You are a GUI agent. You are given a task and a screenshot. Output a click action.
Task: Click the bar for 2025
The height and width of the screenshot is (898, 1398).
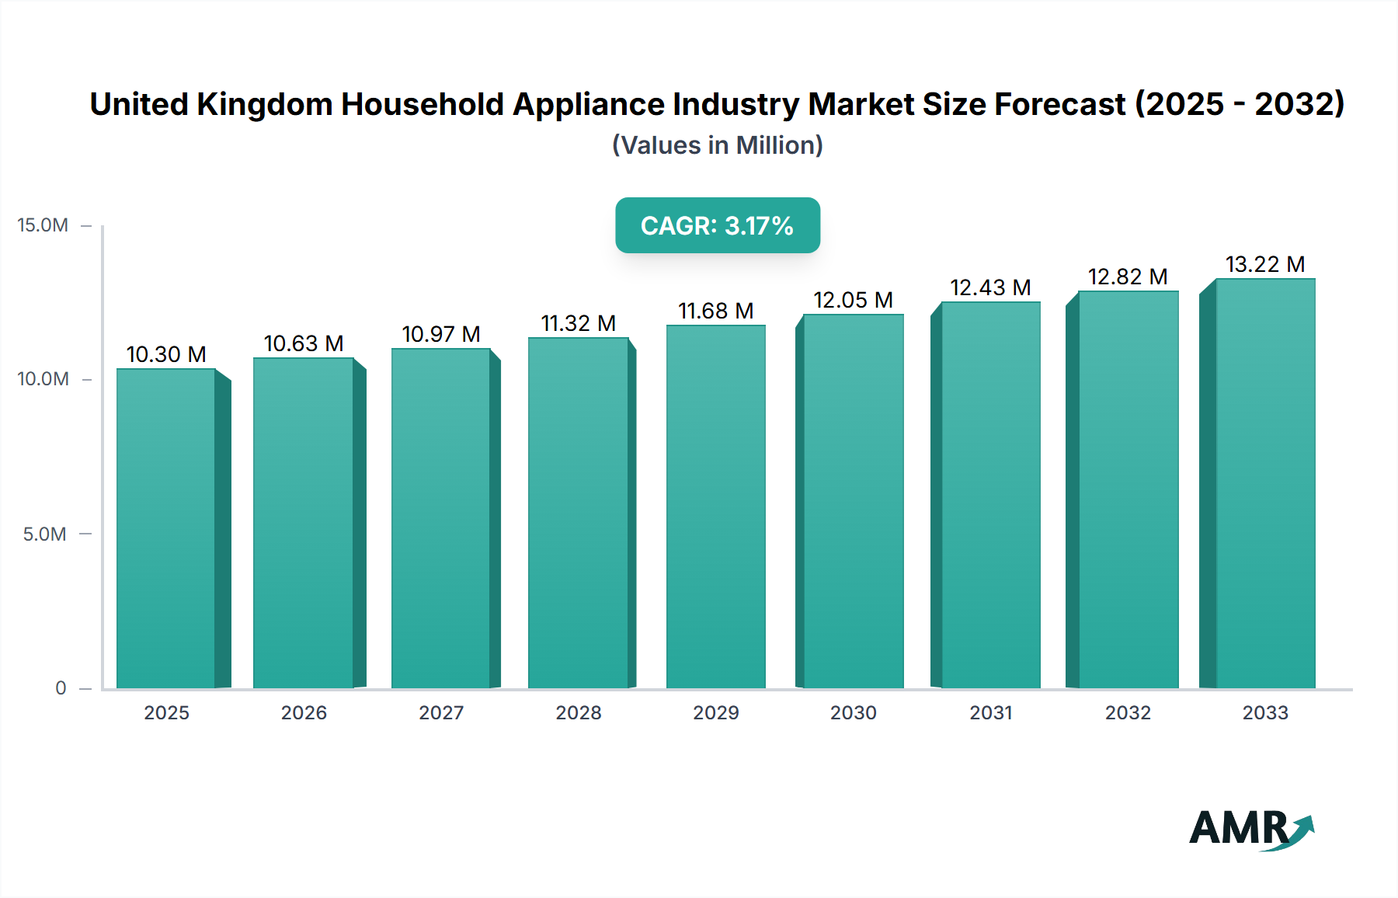[166, 528]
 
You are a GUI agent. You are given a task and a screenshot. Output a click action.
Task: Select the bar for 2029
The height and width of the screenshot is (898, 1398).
[715, 506]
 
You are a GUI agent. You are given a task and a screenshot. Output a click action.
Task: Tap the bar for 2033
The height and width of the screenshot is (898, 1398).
[1264, 483]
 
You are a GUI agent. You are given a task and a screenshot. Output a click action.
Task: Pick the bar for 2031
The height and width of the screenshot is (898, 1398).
[990, 495]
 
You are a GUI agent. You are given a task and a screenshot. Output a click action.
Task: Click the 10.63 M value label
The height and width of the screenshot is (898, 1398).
[304, 343]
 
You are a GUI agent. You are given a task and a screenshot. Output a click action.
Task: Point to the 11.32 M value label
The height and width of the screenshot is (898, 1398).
[579, 323]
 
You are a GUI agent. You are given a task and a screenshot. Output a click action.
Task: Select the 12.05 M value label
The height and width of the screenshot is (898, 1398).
[853, 300]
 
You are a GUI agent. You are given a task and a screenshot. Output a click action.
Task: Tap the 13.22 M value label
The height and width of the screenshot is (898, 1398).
[1264, 264]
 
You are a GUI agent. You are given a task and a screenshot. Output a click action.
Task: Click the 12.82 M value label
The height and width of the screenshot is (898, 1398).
[1128, 277]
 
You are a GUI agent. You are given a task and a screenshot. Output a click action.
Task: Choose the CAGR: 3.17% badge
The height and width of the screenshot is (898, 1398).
[717, 225]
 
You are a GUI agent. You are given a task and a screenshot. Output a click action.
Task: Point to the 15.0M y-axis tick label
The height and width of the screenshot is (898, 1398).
[43, 225]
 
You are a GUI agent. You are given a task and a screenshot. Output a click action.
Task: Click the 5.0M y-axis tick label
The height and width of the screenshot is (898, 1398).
[44, 534]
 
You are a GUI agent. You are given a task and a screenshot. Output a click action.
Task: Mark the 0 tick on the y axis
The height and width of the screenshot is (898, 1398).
[61, 688]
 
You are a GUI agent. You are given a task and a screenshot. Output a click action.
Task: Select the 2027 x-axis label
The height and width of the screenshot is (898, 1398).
[441, 713]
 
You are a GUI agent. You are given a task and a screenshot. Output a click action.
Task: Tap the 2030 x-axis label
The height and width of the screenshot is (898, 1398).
[853, 713]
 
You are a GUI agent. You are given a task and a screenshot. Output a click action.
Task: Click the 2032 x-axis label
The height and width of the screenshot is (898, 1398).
[1128, 713]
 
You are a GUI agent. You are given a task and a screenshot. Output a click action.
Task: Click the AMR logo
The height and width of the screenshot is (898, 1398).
[1250, 829]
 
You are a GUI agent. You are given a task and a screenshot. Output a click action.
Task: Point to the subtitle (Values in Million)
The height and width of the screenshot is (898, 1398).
[717, 145]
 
